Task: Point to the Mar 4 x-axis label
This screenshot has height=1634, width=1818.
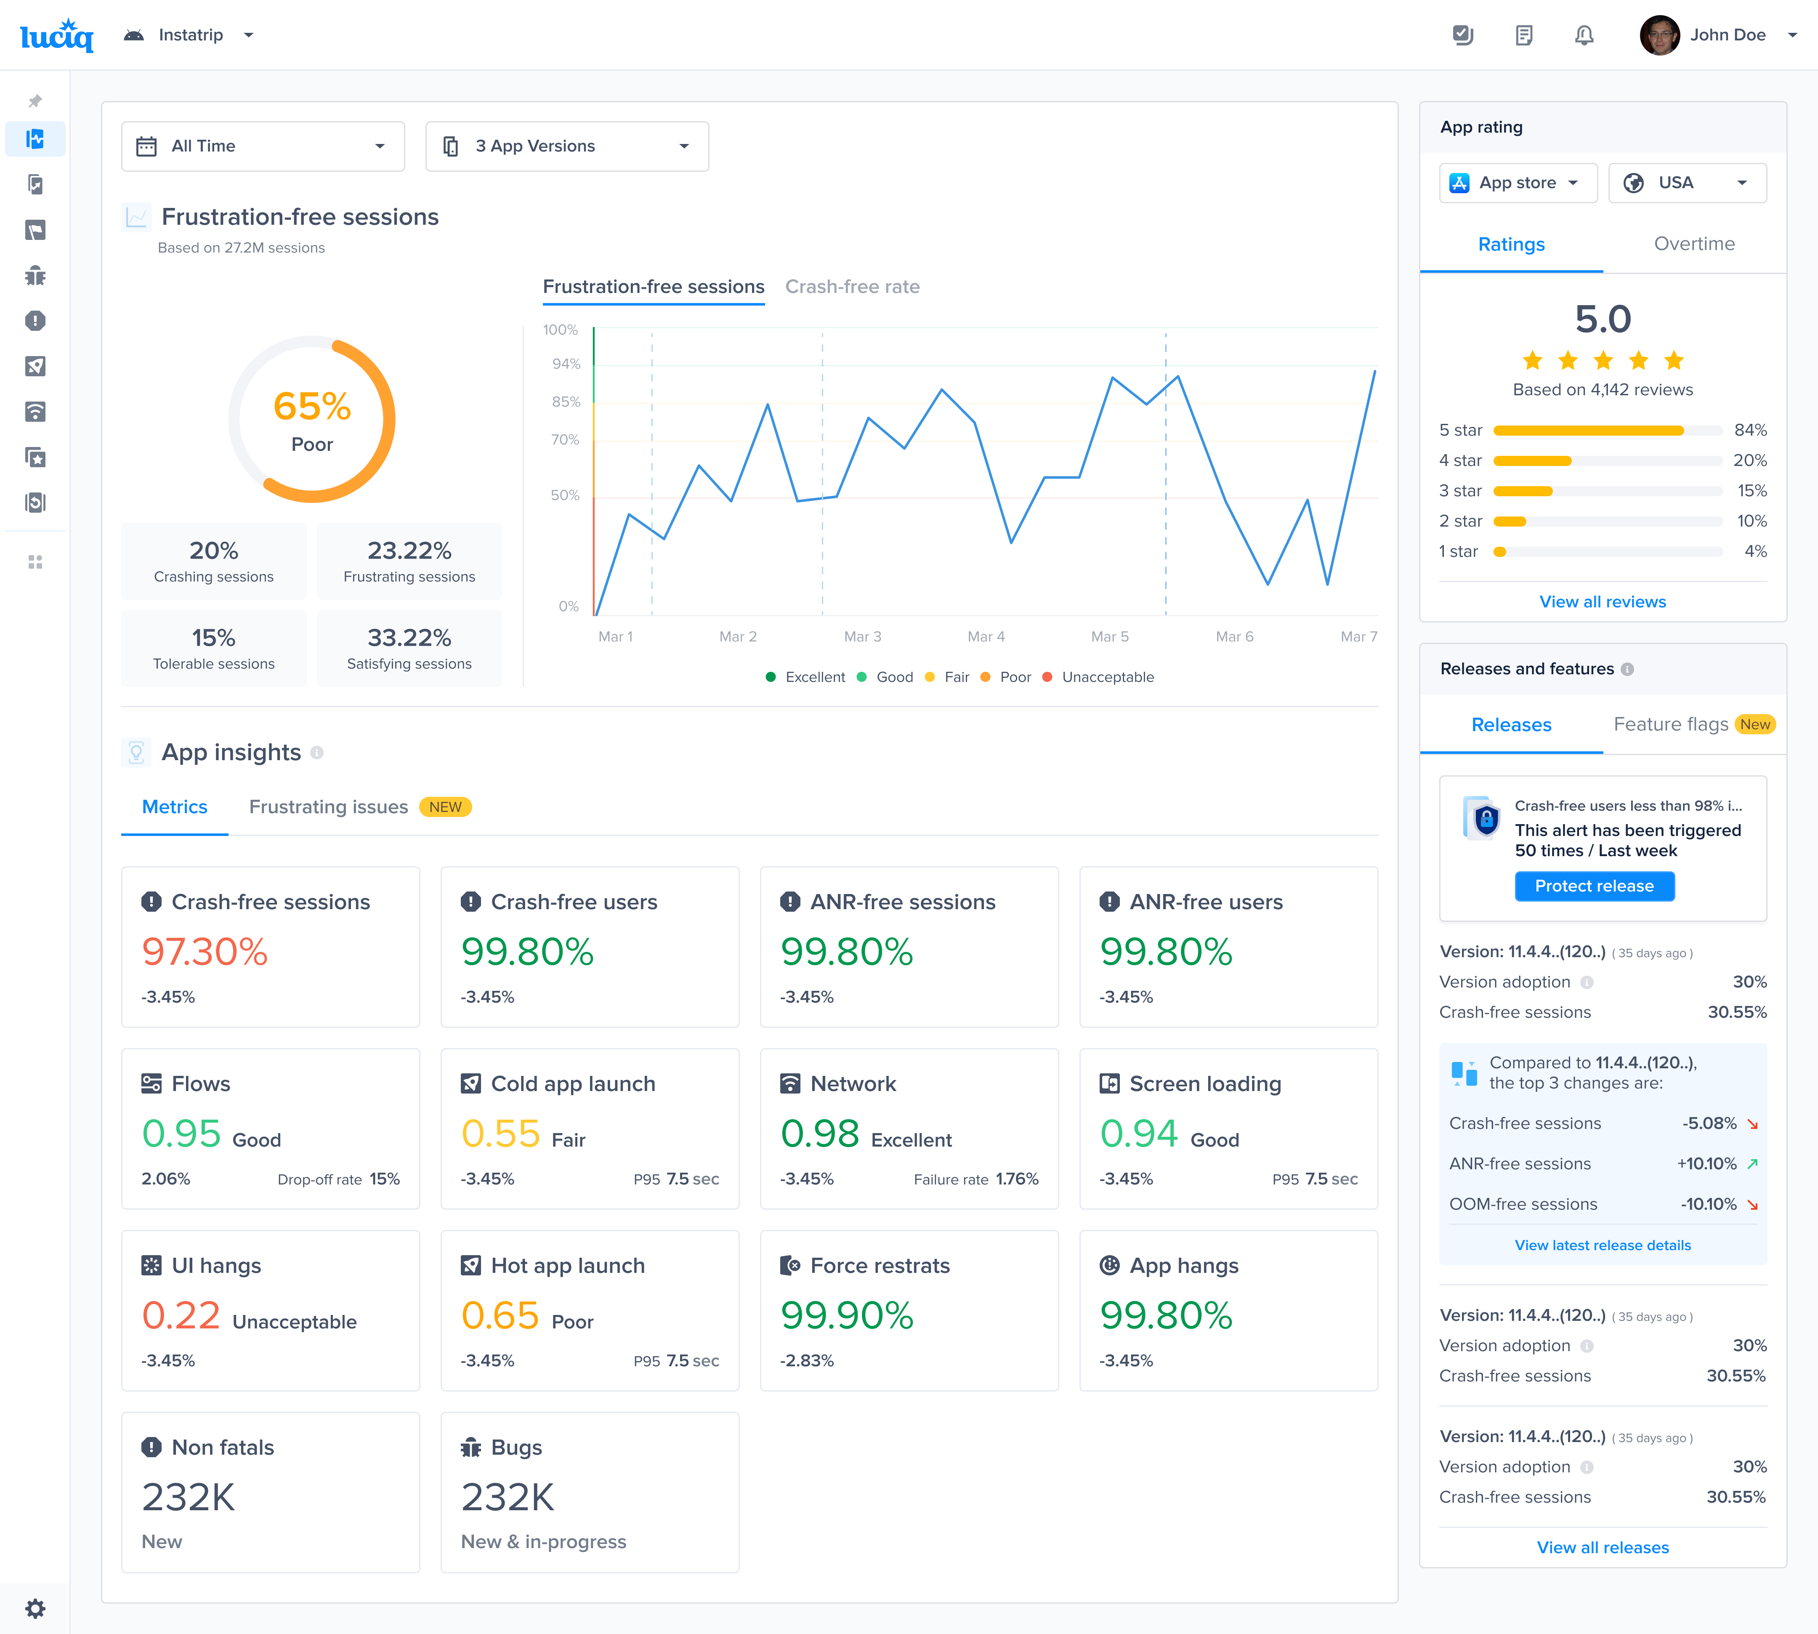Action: tap(986, 636)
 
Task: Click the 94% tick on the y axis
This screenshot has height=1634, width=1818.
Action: tap(566, 364)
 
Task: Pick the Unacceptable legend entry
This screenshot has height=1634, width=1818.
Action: tap(1107, 677)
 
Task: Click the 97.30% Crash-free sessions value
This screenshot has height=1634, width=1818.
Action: tap(205, 952)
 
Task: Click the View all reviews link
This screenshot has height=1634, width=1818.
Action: tap(1603, 601)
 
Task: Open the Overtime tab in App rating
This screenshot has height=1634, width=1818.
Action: tap(1694, 244)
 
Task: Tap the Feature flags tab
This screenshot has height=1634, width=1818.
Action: tap(1671, 724)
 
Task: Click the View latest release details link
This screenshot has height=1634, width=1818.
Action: tap(1603, 1245)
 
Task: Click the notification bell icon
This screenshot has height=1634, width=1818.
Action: tap(1584, 35)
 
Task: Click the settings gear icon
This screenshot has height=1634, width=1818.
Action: tap(35, 1608)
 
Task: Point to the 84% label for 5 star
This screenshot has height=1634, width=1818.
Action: tap(1750, 430)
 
